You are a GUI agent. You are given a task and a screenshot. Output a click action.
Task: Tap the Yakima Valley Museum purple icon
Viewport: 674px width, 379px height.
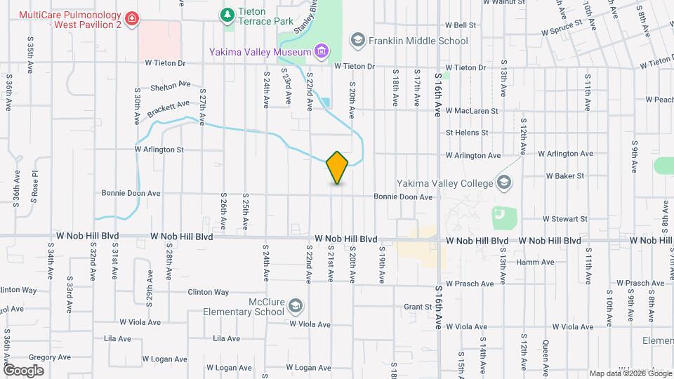point(322,51)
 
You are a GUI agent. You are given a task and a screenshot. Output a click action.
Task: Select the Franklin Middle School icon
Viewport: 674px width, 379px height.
point(358,40)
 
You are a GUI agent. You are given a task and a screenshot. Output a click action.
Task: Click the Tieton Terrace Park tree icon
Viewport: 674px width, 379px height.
point(227,14)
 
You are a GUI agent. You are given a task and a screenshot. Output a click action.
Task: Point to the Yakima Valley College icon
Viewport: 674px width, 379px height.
point(503,183)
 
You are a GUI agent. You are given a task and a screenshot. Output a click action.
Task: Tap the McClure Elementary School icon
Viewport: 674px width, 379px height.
point(296,305)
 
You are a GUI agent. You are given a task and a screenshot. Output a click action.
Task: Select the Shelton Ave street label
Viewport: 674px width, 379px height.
point(171,86)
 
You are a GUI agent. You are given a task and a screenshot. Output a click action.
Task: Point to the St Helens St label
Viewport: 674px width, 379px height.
point(466,132)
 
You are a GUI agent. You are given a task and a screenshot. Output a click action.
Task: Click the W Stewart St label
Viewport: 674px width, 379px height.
point(564,219)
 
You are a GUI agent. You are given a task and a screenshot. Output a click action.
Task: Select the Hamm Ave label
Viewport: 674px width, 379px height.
point(535,262)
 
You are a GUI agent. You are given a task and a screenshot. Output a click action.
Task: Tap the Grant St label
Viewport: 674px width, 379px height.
point(417,307)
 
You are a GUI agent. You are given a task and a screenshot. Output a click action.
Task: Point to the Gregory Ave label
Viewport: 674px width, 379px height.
point(50,357)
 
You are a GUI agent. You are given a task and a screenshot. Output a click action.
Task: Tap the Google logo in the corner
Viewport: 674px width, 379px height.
point(23,370)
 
